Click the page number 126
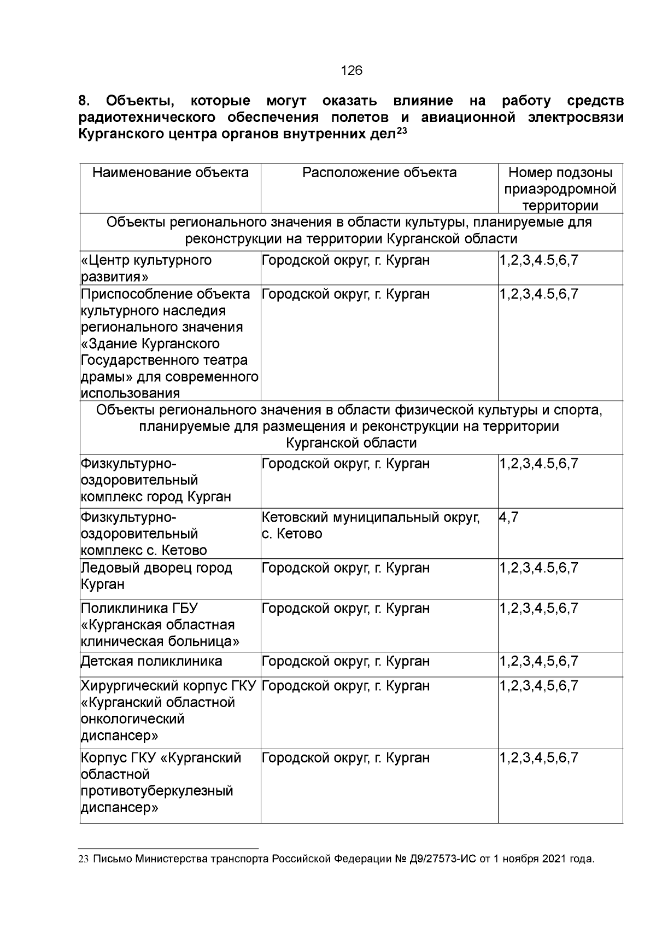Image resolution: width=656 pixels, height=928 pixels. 352,71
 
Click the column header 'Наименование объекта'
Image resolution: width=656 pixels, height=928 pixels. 171,173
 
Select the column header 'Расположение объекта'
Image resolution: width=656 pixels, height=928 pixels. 379,173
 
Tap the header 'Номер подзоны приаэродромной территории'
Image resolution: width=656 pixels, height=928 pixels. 560,189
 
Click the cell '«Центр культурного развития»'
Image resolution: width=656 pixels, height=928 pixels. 147,269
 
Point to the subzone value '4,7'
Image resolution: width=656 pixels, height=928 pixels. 509,517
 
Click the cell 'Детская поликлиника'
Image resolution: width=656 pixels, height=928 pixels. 152,662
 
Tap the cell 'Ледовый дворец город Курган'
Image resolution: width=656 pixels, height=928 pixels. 157,576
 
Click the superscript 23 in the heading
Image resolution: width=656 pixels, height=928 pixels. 402,131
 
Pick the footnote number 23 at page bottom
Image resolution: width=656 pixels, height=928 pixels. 84,860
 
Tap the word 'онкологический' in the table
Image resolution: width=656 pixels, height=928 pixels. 133,720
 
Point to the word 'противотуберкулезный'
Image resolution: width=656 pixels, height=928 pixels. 157,791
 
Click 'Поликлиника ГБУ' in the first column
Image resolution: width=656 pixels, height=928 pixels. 139,609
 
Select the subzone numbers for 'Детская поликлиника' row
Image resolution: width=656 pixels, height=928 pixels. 538,662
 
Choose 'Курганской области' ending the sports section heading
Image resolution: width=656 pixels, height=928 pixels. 352,443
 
